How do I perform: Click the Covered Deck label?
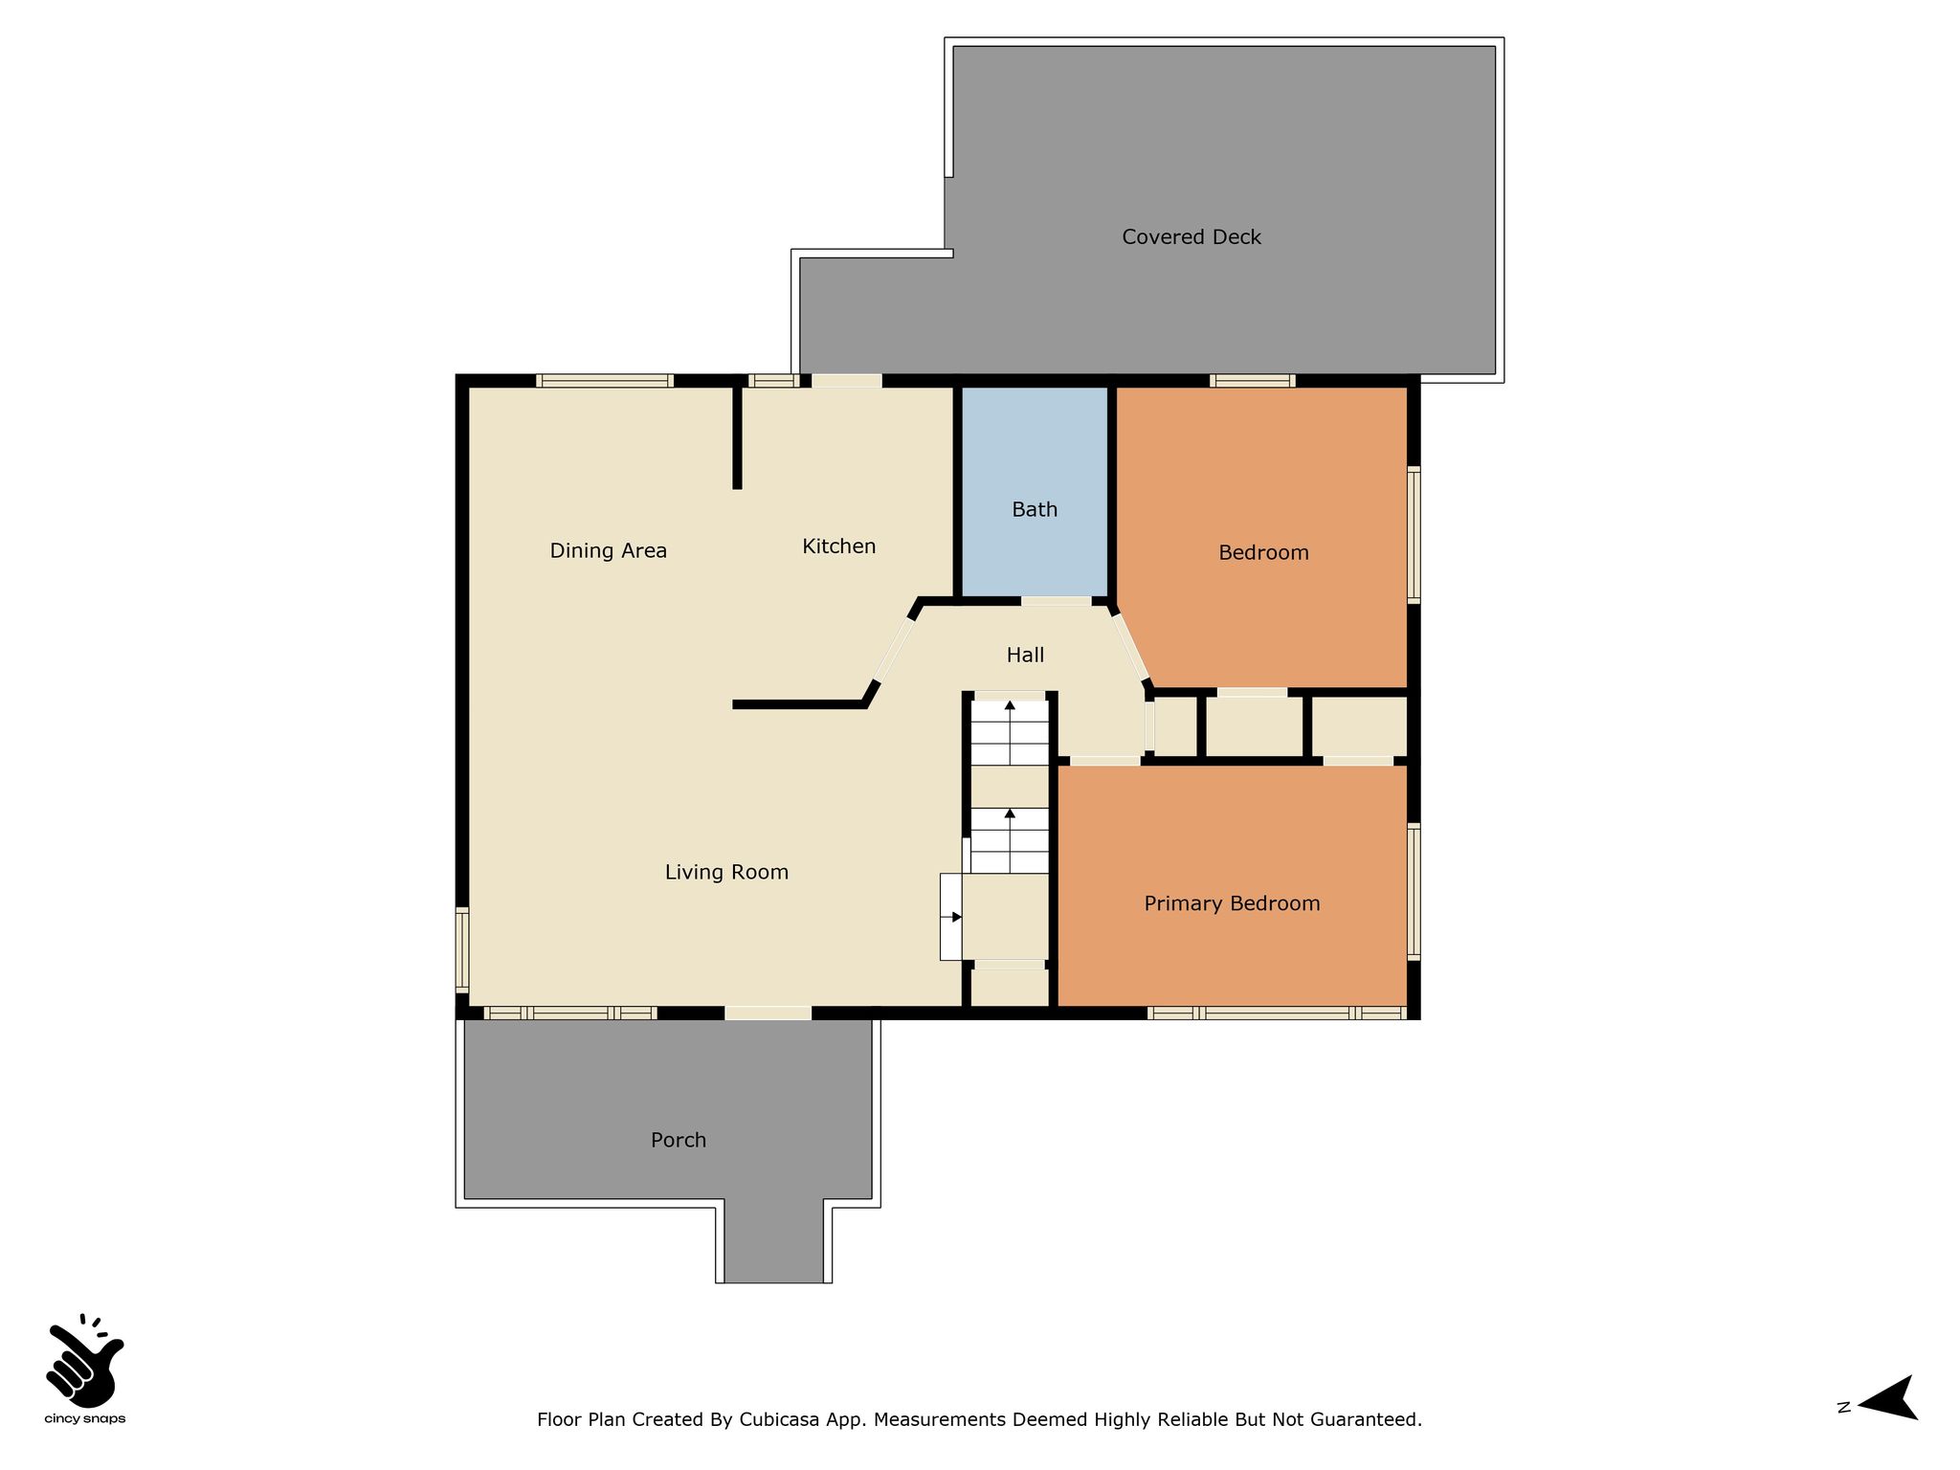(x=1192, y=237)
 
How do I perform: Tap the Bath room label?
(x=1035, y=509)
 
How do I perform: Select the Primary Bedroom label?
(x=1232, y=903)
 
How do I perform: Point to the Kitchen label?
(x=839, y=546)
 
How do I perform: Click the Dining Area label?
(x=608, y=550)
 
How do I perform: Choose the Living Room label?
(x=726, y=872)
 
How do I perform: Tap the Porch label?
(x=679, y=1140)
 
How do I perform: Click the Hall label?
(x=1025, y=656)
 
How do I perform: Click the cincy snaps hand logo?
(x=84, y=1360)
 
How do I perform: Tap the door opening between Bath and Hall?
(x=1056, y=601)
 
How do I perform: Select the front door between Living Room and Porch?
(x=768, y=1013)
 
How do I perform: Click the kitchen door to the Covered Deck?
(x=847, y=381)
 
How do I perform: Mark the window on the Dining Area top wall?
(x=605, y=381)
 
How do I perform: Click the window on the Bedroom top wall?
(x=1253, y=381)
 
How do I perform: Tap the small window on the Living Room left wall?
(x=462, y=949)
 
